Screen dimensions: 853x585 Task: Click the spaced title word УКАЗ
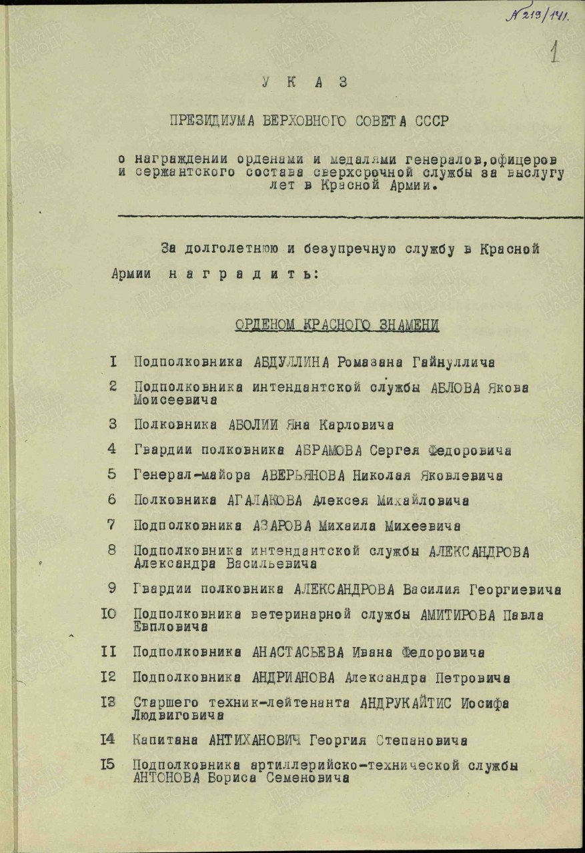click(305, 83)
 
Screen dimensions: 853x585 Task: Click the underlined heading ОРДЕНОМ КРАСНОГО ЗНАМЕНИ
click(336, 325)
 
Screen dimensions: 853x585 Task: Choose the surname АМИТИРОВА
click(456, 614)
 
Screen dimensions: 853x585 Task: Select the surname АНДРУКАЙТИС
click(407, 702)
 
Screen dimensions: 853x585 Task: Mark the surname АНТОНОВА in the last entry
click(166, 778)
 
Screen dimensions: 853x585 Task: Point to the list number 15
click(108, 765)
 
